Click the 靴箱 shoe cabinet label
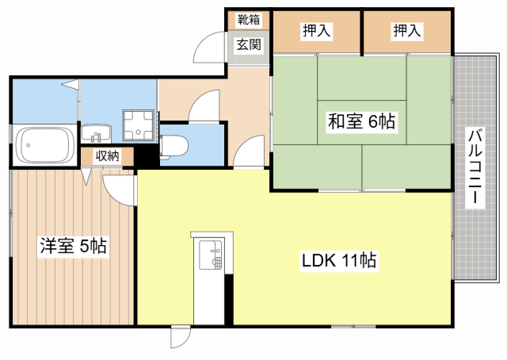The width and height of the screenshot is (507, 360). click(249, 20)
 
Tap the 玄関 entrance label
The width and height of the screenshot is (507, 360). click(249, 44)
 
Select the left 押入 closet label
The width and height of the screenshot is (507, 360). click(317, 31)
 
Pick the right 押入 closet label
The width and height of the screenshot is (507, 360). click(407, 31)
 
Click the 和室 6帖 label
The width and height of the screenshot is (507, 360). click(361, 121)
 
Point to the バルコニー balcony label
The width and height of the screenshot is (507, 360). click(475, 166)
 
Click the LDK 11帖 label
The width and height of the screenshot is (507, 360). click(339, 260)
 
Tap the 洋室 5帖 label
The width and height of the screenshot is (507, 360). click(73, 246)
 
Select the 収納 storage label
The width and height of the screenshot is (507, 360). click(108, 156)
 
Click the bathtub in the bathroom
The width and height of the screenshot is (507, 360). click(44, 145)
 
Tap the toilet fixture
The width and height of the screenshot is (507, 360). click(174, 147)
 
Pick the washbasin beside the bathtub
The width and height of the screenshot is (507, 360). click(96, 133)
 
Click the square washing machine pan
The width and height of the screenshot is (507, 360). click(138, 125)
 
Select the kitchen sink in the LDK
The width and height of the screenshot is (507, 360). click(211, 255)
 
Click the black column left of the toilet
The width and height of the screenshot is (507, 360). click(147, 156)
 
